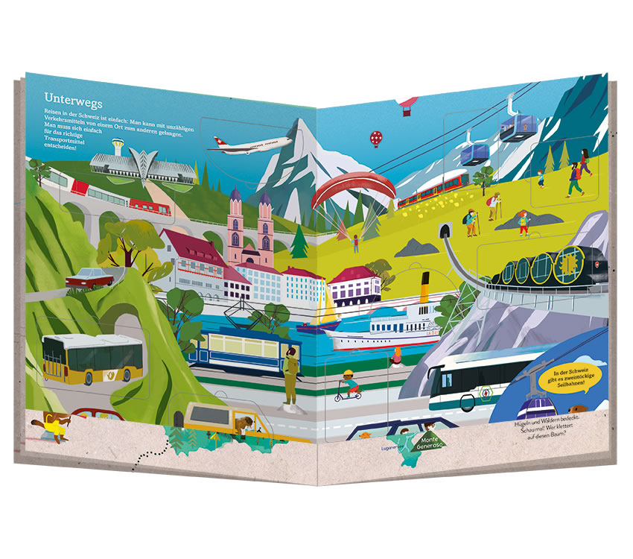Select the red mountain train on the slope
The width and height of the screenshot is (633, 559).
tap(432, 187)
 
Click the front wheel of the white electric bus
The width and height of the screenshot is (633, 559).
tap(467, 402)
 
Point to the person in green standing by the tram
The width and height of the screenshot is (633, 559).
tap(290, 377)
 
